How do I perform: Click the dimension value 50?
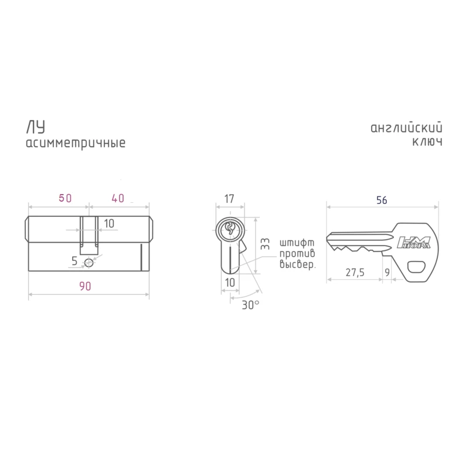65,198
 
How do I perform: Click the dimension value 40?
118,198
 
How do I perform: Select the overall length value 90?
85,286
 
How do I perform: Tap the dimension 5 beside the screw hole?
74,261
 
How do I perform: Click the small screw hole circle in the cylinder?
89,263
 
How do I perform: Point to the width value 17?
229,199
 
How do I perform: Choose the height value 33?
265,244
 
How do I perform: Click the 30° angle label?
250,305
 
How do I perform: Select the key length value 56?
382,200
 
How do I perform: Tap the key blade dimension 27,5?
355,273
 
